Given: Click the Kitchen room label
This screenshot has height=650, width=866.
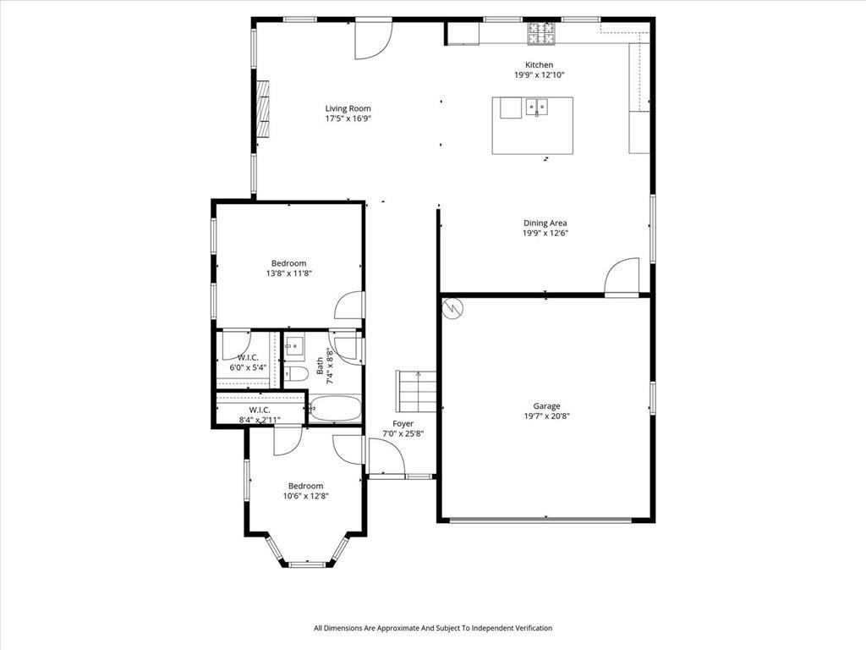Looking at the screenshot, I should point(539,65).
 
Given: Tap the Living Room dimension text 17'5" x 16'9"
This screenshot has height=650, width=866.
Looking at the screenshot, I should point(348,118).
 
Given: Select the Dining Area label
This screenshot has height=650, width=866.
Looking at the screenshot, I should point(545,223).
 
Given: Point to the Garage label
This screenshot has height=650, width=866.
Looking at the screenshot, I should point(546,406).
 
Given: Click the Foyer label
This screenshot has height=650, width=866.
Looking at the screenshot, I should point(403,423).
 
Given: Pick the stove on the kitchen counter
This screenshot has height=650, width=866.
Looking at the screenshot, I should point(542,33).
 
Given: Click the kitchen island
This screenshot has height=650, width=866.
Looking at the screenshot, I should point(532,125).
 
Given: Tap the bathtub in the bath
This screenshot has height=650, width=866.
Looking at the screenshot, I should point(335,410).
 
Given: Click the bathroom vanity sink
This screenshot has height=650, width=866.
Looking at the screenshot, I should point(294,345).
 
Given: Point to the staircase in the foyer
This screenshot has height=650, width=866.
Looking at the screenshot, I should point(417,391).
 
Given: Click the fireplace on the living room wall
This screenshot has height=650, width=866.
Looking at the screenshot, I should point(263,108).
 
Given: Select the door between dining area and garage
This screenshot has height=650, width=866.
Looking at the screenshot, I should point(622,277).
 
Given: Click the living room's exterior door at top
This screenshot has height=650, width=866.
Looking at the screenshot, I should point(372,39).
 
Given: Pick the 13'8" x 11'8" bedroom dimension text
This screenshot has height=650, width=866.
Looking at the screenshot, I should point(288,273).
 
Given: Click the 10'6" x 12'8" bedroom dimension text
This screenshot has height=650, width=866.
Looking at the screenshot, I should point(305,496).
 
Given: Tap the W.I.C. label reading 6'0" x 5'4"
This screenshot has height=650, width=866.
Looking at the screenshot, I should point(248,368).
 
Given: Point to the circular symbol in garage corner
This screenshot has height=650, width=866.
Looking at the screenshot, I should point(453,307).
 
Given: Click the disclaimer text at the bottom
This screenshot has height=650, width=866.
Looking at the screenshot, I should point(432,628).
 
